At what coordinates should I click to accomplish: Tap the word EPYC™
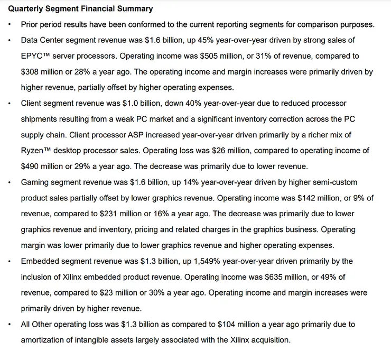click(35, 56)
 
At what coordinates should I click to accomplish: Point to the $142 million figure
click(316, 198)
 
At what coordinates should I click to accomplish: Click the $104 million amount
click(241, 324)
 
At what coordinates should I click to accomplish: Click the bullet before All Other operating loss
click(10, 324)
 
